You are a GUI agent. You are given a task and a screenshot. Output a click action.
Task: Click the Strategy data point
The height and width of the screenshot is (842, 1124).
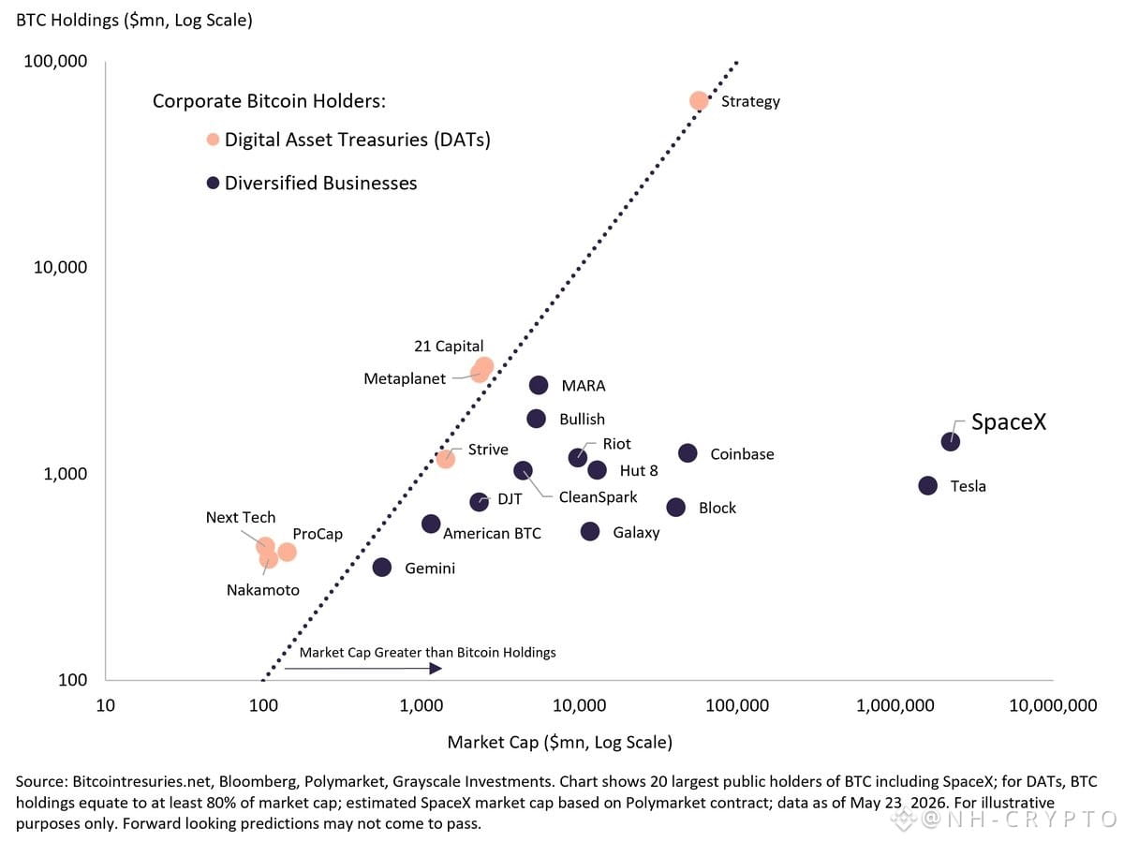click(x=699, y=101)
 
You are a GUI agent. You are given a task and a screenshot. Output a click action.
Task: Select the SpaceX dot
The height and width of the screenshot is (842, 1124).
click(x=950, y=441)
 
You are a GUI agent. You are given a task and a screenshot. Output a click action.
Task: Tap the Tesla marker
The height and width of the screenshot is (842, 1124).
click(x=927, y=485)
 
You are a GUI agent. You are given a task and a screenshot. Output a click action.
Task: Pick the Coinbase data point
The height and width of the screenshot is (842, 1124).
click(x=688, y=452)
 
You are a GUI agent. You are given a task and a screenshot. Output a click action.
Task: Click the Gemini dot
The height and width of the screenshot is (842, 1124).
click(x=381, y=568)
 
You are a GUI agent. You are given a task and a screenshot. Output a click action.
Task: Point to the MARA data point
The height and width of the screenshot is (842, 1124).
click(x=539, y=385)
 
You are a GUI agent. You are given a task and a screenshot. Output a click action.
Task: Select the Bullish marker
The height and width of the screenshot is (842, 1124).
click(x=536, y=418)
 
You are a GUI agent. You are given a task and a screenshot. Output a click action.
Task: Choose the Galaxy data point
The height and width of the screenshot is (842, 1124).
click(x=589, y=531)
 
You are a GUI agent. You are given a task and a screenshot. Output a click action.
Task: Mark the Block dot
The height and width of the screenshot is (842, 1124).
click(x=675, y=508)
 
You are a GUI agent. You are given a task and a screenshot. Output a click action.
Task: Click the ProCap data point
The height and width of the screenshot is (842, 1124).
click(x=287, y=552)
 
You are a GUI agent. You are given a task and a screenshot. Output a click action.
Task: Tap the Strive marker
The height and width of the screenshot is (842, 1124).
click(x=446, y=459)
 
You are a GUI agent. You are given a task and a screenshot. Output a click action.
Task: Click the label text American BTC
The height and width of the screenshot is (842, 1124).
click(x=492, y=533)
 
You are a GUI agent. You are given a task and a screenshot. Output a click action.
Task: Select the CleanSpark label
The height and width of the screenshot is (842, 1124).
click(x=598, y=496)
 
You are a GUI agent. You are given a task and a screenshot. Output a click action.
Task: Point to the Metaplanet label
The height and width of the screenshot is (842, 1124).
click(x=405, y=378)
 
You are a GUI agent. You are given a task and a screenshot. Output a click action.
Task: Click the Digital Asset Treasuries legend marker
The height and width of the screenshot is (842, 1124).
click(x=213, y=140)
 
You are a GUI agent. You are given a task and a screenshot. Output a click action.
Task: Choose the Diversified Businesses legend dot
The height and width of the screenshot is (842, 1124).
click(x=213, y=183)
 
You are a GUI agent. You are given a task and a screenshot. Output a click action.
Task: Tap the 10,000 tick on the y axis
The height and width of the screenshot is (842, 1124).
click(x=60, y=267)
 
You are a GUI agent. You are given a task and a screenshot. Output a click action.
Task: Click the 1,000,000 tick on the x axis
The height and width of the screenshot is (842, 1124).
click(x=895, y=705)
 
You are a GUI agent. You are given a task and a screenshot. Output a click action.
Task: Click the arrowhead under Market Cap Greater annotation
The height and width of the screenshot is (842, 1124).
click(x=436, y=668)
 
